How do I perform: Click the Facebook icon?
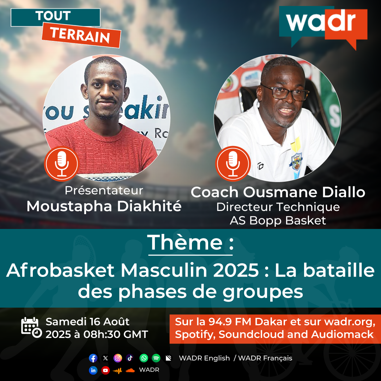[x=93, y=358]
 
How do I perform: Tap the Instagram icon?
[x=117, y=358]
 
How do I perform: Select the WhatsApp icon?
[x=144, y=358]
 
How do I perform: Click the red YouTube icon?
[x=105, y=370]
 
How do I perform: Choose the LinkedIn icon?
[x=93, y=370]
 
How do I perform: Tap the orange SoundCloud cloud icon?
[x=130, y=370]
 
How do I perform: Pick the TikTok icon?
[x=130, y=358]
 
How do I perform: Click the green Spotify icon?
[x=156, y=358]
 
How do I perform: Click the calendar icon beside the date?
[x=31, y=327]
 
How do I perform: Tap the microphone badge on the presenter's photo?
[x=62, y=164]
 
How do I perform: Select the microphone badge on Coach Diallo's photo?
[x=233, y=164]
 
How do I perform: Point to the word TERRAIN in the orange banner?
[x=80, y=35]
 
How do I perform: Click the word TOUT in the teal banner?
[x=53, y=16]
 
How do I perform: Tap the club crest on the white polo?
[x=296, y=161]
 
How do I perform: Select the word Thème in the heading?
[x=185, y=242]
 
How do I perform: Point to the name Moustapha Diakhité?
[x=104, y=206]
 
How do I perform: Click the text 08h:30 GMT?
[x=116, y=334]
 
